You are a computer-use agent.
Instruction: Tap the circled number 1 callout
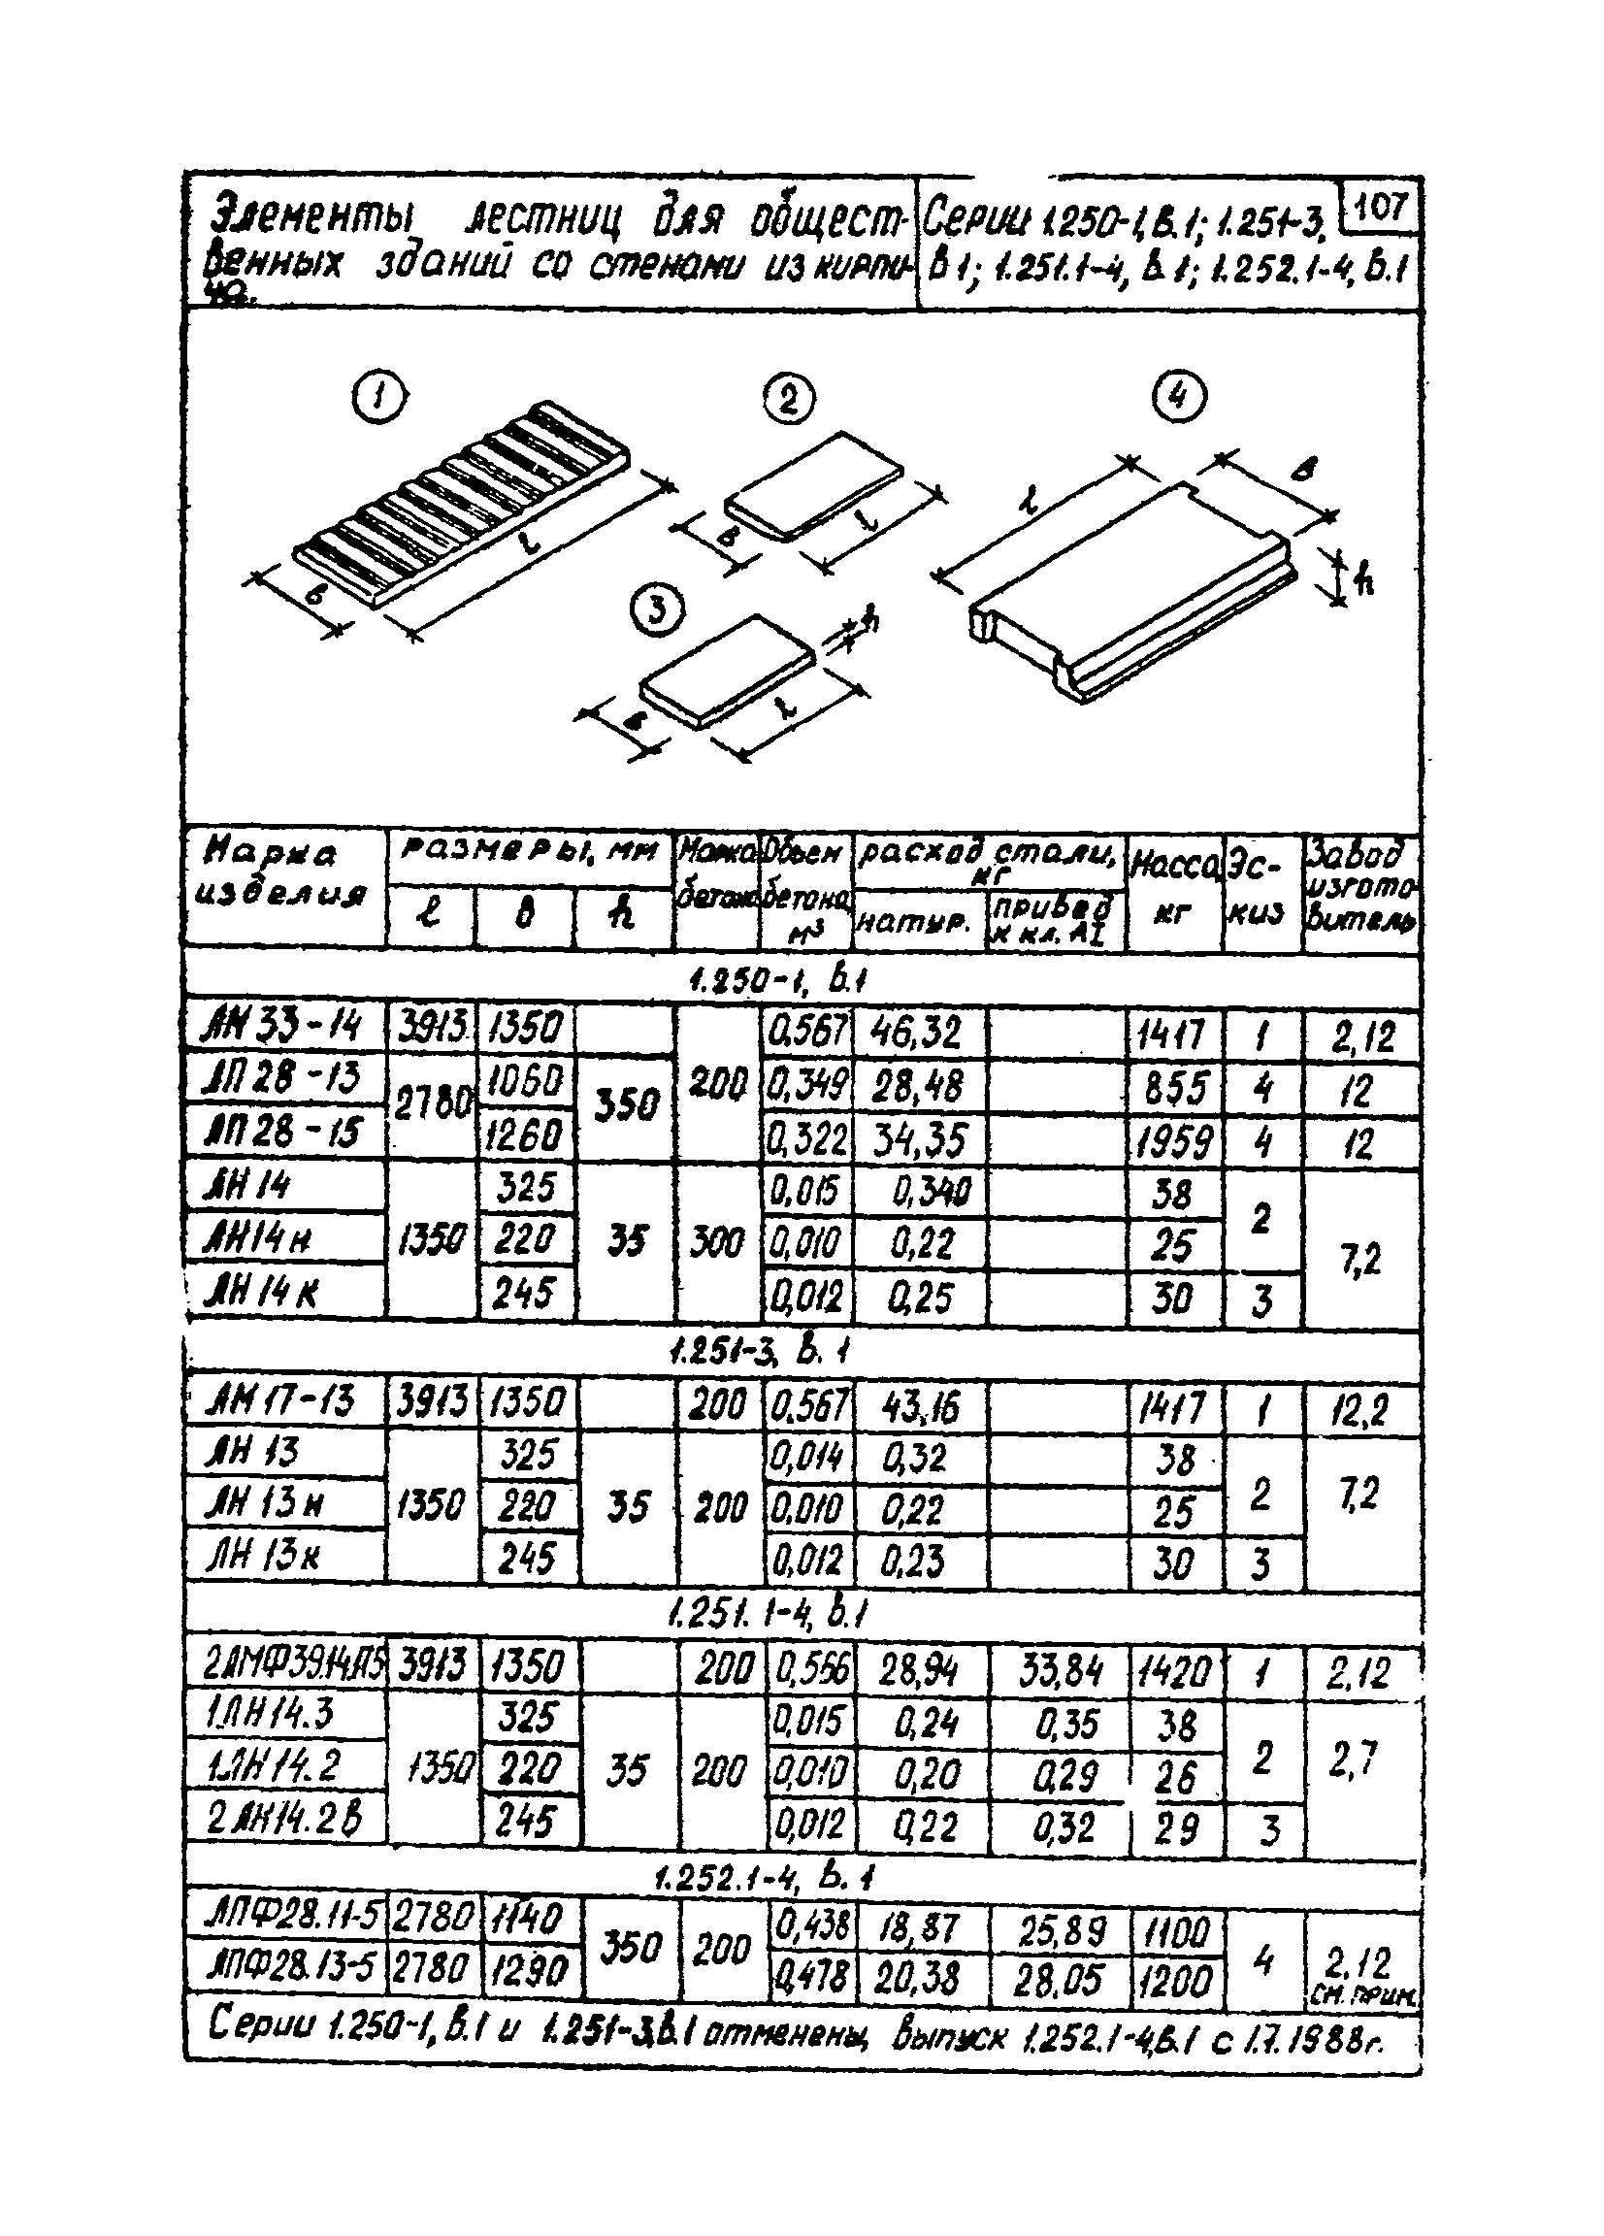pyautogui.click(x=379, y=398)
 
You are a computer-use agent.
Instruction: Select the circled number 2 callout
pyautogui.click(x=790, y=398)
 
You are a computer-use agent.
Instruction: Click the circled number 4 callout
pyautogui.click(x=1179, y=397)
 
